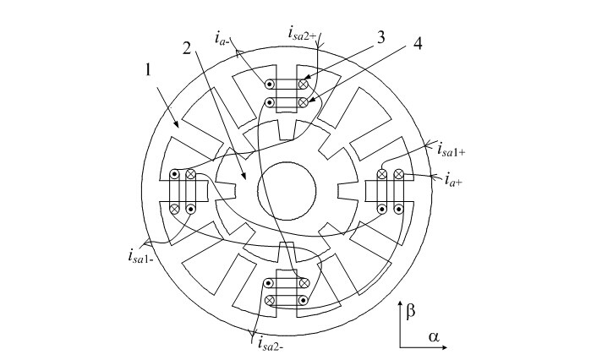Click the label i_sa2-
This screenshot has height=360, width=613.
tap(269, 342)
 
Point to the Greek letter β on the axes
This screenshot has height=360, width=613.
tap(411, 312)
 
